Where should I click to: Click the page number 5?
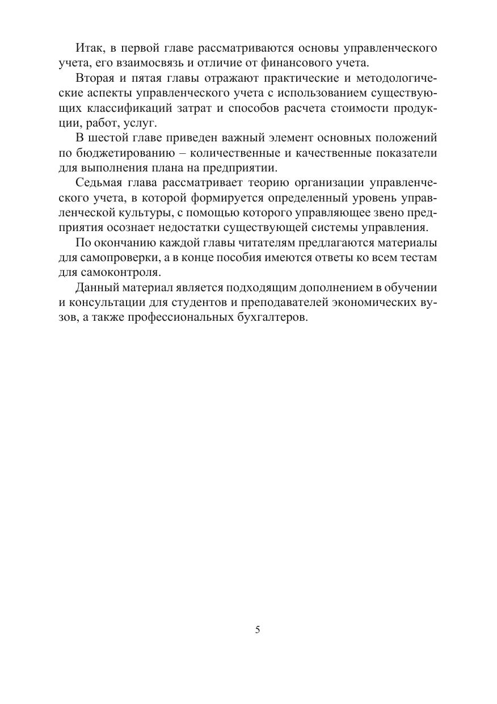258,630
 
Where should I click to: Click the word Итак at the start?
89,48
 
